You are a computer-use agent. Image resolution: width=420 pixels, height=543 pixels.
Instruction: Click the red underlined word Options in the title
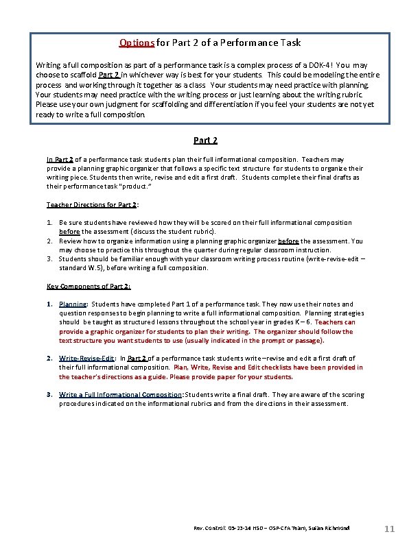(x=137, y=43)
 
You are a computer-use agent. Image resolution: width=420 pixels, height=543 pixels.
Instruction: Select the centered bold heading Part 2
(x=205, y=141)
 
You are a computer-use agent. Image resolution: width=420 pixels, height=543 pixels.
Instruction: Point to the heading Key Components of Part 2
(x=89, y=286)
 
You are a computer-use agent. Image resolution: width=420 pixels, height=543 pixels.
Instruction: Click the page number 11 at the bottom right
(x=389, y=529)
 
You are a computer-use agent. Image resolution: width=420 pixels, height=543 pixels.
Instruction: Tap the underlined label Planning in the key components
(x=73, y=304)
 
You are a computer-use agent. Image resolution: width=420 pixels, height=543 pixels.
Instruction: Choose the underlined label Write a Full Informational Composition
(x=121, y=395)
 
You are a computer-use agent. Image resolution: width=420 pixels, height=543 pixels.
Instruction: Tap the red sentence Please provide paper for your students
(x=234, y=376)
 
